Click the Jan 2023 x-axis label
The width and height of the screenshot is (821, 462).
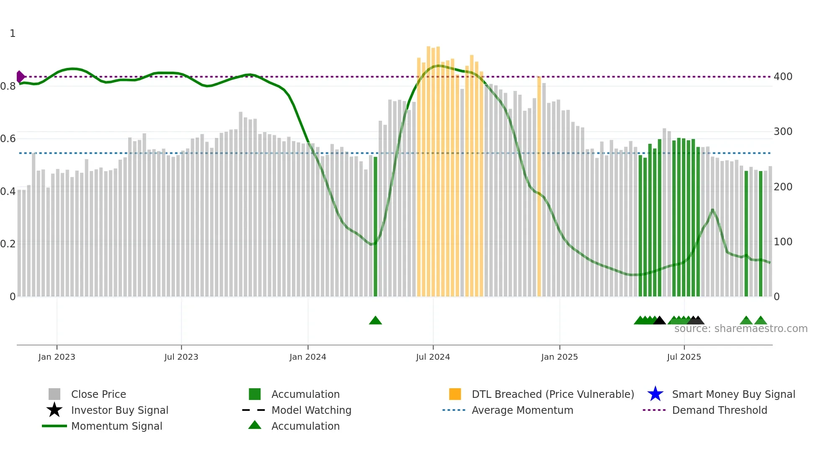(57, 357)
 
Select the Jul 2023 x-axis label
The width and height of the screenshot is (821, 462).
(181, 357)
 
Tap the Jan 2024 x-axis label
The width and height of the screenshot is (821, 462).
(307, 357)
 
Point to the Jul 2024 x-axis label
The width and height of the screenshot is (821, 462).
(433, 357)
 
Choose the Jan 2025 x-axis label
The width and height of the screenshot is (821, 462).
(559, 357)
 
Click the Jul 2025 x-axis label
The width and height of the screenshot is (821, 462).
(684, 357)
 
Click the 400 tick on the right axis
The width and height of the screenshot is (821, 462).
(783, 77)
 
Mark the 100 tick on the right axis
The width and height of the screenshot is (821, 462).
(783, 242)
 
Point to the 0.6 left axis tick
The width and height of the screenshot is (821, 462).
(8, 139)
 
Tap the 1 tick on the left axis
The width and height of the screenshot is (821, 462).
(13, 34)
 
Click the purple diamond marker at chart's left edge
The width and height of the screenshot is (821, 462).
(20, 77)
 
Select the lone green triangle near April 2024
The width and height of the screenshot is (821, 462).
(375, 321)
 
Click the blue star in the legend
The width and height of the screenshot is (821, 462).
(655, 394)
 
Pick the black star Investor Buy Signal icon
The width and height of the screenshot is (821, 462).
(54, 410)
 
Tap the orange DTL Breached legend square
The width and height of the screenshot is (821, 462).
(455, 394)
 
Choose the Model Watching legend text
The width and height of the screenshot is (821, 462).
(311, 410)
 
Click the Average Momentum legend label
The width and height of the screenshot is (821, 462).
(522, 410)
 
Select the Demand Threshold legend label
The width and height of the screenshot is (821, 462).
(719, 410)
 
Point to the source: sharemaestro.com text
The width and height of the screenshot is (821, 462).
(741, 329)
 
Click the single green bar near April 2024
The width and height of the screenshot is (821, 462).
(375, 226)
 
